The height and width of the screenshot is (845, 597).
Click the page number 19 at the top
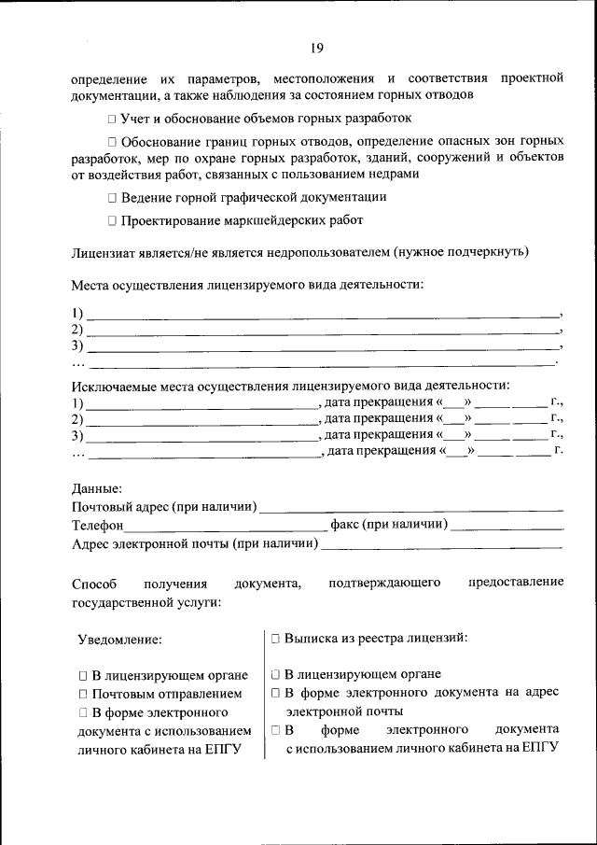(317, 49)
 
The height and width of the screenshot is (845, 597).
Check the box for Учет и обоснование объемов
(111, 120)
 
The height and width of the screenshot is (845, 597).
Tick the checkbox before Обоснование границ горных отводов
(111, 142)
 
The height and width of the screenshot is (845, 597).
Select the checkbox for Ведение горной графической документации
(111, 198)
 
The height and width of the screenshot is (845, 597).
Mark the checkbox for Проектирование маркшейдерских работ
(111, 221)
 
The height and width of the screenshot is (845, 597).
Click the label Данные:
(97, 488)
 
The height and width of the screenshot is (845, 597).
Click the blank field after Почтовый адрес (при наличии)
(410, 508)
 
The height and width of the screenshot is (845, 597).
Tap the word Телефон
(98, 526)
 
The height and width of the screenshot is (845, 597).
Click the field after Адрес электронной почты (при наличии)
(442, 543)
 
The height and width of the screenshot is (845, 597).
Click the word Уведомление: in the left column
(119, 640)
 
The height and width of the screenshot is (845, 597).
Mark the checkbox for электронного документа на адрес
(276, 693)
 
